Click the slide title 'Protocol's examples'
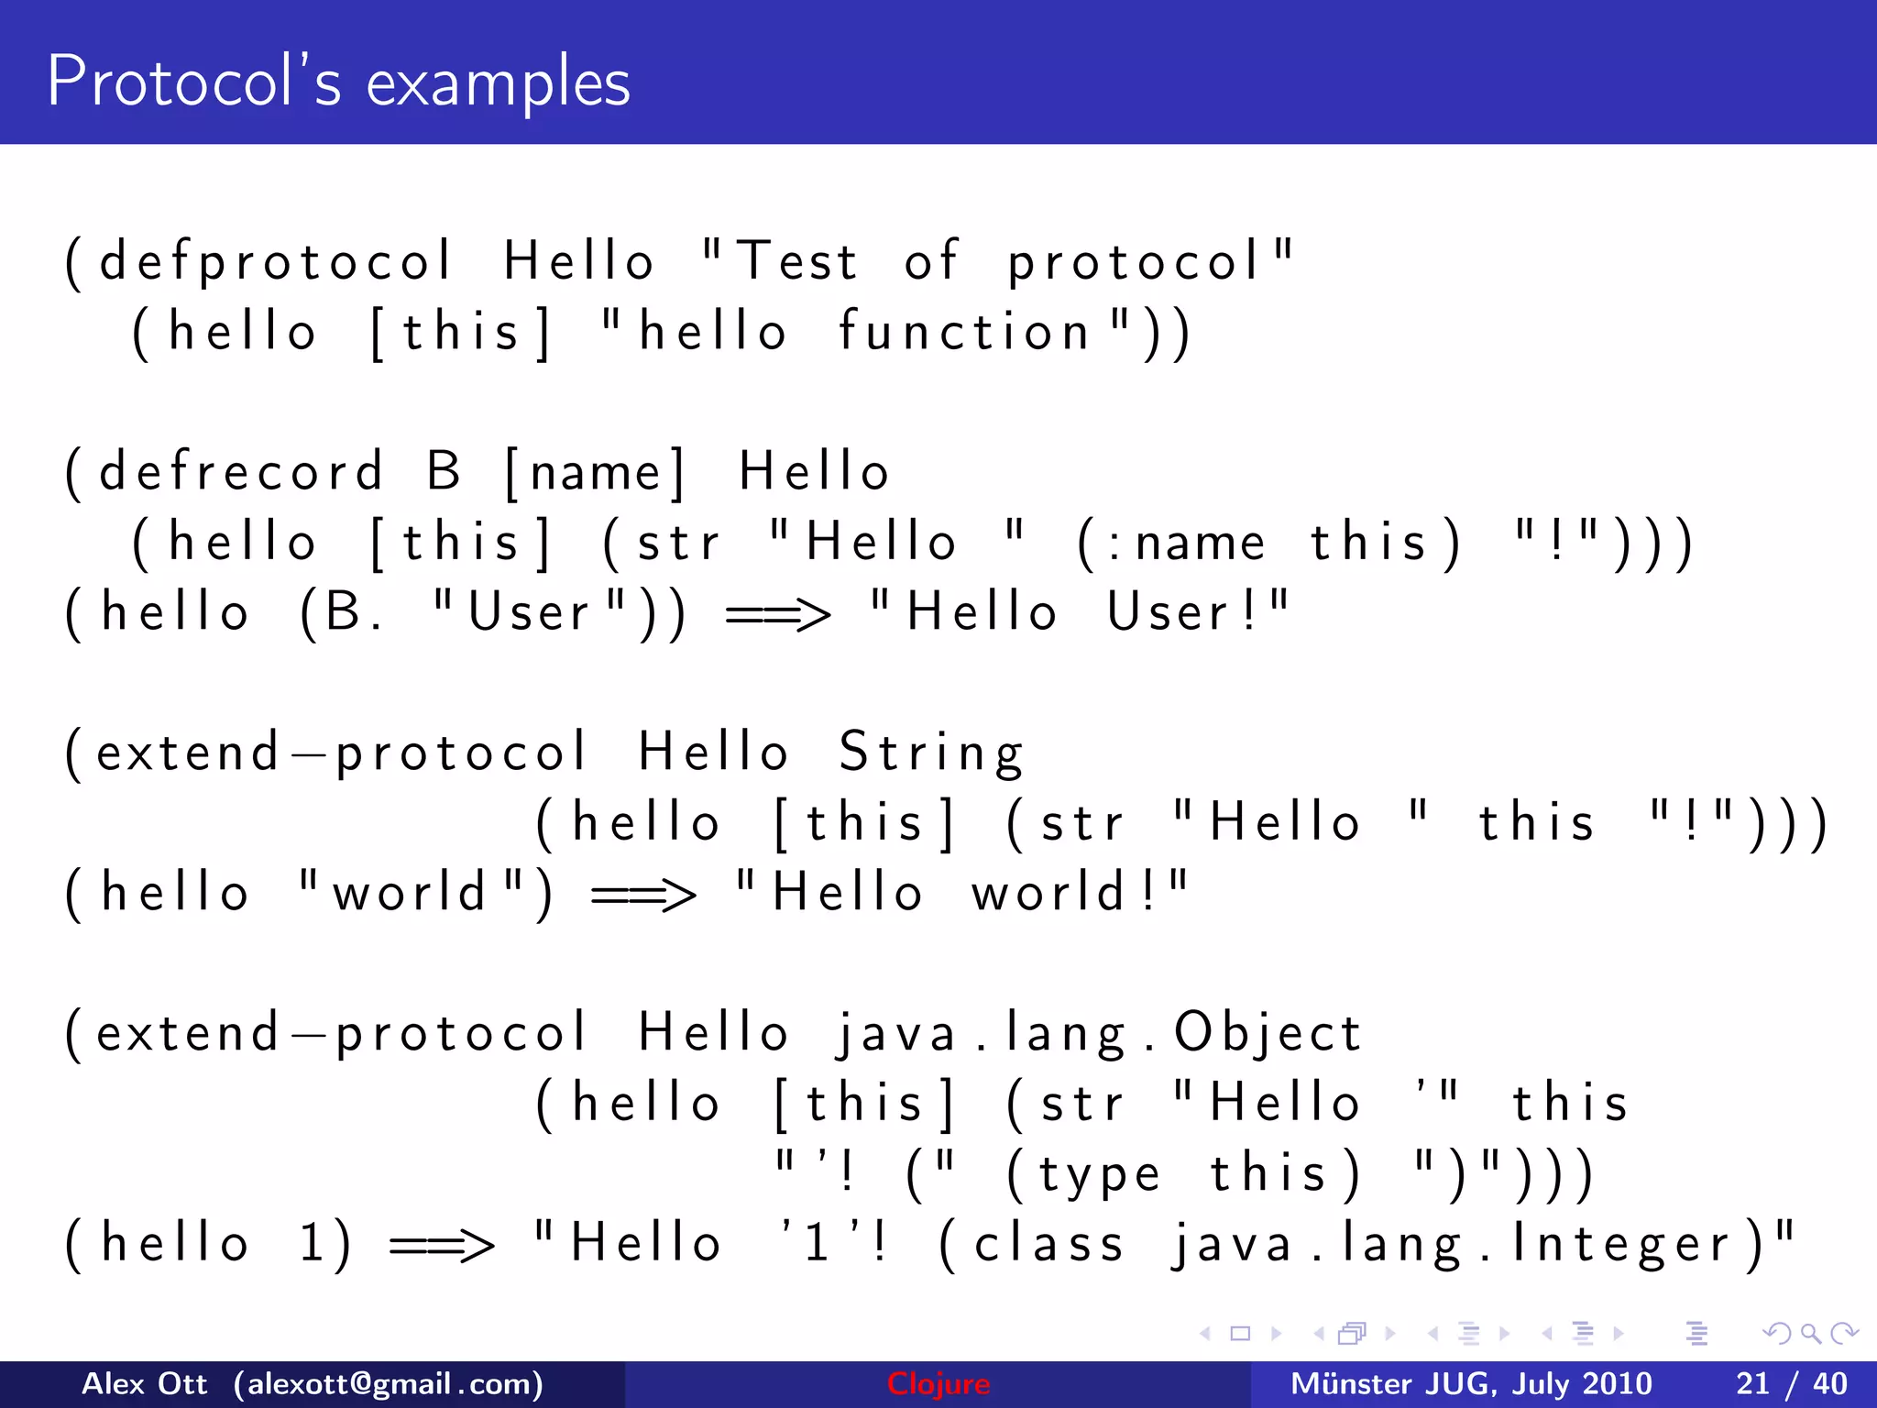point(338,82)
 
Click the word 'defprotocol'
point(275,262)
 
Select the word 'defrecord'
point(241,472)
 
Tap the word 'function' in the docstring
point(964,332)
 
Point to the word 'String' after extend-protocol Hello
point(931,753)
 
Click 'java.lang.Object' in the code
point(1098,1034)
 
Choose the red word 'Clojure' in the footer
point(938,1384)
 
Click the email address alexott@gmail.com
point(389,1384)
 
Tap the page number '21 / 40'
point(1791,1384)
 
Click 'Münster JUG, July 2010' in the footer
point(1471,1384)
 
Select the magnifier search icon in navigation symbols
point(1810,1334)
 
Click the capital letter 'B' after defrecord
point(444,472)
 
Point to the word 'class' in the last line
point(1048,1245)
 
